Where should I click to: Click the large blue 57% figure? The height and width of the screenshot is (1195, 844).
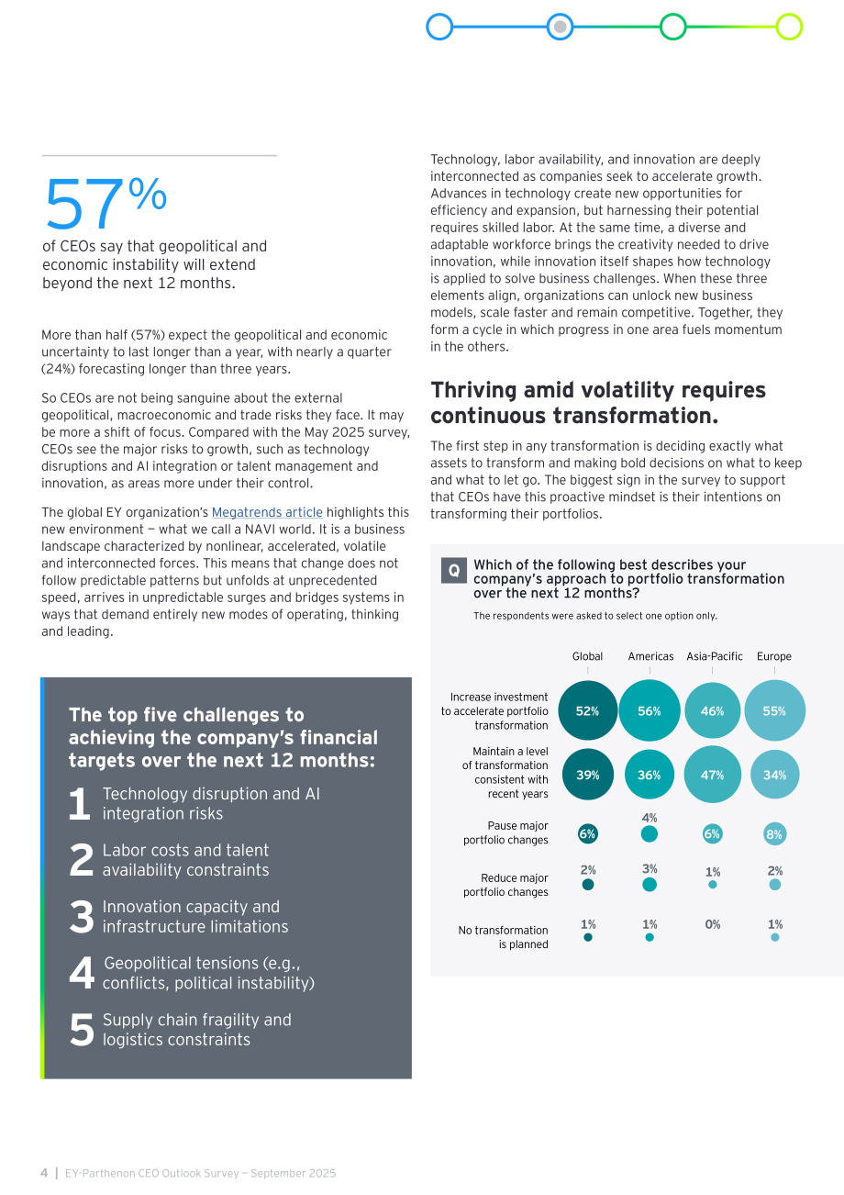pos(105,203)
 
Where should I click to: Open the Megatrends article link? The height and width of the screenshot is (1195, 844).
pos(267,512)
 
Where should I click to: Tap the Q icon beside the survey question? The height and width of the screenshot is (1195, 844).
pos(454,570)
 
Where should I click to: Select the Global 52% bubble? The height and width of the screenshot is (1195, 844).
pos(587,710)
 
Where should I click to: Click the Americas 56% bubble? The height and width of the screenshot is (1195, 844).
pos(650,710)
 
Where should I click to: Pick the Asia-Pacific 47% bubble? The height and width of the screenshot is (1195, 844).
pos(712,775)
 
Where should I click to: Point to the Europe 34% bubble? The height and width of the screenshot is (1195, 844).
pos(774,775)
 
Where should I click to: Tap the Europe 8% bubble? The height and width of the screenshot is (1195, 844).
pos(774,833)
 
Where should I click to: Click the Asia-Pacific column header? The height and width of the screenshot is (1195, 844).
pos(715,656)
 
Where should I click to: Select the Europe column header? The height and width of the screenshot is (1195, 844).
pos(774,656)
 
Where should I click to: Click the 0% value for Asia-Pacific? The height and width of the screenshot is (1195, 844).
pos(713,924)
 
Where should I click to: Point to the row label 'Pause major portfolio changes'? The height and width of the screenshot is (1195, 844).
pos(505,832)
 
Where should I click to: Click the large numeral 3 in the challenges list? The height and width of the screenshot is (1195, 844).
pos(82,917)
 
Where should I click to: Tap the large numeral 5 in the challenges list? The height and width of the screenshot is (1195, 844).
pos(82,1030)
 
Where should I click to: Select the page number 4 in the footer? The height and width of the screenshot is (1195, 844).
pos(44,1173)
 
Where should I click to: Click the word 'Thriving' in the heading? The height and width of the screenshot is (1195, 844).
pos(473,390)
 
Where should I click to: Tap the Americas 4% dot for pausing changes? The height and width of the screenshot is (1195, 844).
pos(650,833)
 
